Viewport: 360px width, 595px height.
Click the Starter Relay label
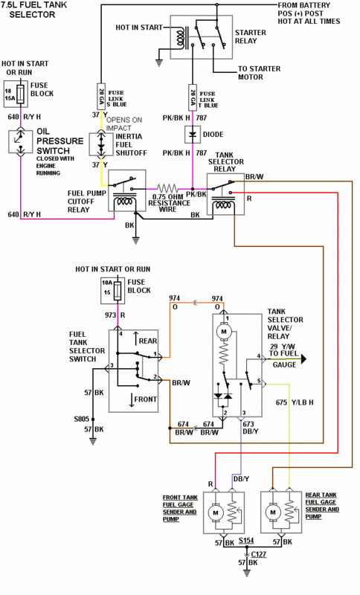coord(251,38)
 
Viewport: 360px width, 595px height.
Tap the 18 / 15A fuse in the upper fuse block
coord(19,94)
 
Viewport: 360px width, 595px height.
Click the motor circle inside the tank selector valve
coord(222,329)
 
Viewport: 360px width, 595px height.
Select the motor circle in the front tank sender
coord(215,512)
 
